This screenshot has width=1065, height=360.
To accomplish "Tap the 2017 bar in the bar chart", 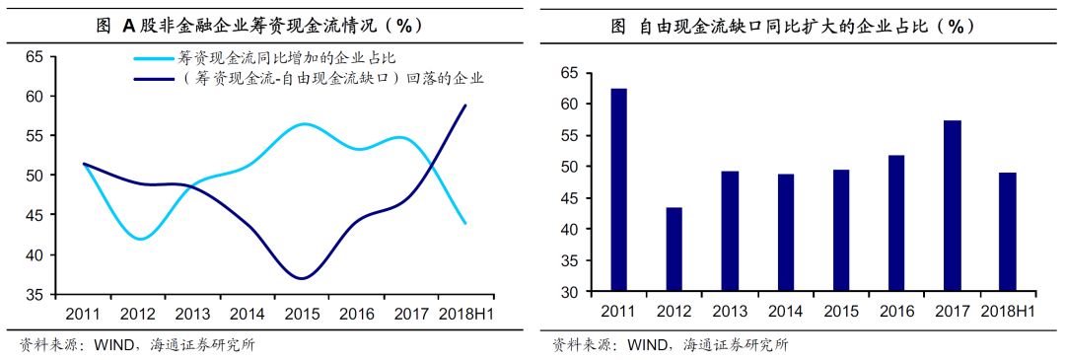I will click(x=953, y=206).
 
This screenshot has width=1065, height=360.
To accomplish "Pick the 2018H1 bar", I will click(x=1008, y=232).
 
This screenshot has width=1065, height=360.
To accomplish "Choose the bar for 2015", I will click(x=841, y=231).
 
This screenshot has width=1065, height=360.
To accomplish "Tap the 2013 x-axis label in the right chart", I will click(x=730, y=312).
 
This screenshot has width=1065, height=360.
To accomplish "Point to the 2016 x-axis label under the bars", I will click(x=896, y=312).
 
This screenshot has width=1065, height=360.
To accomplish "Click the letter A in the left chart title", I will click(x=127, y=27).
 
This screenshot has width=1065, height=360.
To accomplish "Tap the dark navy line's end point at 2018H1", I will click(x=465, y=105).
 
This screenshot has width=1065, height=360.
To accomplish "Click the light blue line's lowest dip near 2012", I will click(x=141, y=239).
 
